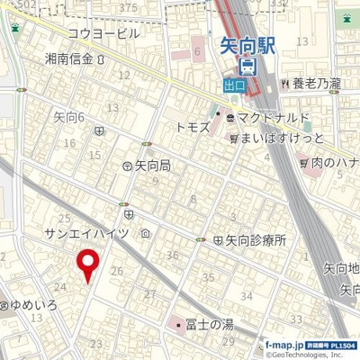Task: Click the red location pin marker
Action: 87,263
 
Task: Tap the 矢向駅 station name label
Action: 249,44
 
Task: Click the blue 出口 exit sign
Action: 236,85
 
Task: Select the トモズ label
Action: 192,127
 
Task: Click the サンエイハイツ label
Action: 87,232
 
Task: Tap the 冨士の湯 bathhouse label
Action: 209,323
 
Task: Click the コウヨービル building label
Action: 103,33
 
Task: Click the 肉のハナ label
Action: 334,163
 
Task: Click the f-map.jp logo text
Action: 281,343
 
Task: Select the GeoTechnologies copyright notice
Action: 306,355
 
